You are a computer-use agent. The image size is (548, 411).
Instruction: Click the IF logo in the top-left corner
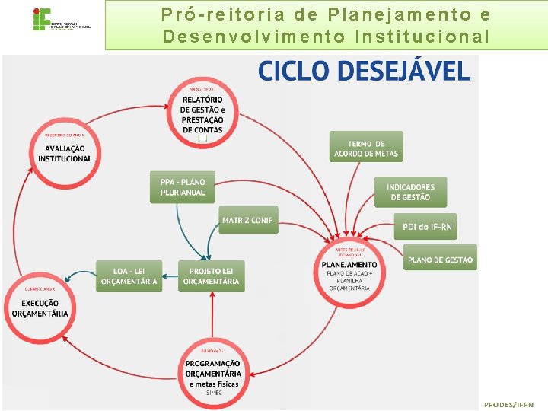click(42, 20)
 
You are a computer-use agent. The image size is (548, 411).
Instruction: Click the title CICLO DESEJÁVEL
click(364, 71)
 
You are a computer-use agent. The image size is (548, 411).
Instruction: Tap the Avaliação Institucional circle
click(65, 153)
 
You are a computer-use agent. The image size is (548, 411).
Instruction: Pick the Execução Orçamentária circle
click(40, 307)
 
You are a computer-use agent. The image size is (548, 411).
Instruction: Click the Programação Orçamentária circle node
click(212, 373)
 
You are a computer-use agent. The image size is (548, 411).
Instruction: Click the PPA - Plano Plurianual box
click(183, 187)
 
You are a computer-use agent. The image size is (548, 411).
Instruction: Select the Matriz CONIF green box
click(247, 221)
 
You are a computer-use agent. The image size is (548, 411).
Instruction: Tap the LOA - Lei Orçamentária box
click(129, 276)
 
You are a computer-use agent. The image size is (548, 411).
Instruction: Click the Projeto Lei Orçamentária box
click(212, 276)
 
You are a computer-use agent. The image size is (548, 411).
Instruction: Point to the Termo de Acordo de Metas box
click(365, 148)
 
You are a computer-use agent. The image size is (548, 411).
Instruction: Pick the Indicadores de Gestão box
click(410, 192)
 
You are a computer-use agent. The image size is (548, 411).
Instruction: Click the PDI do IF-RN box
click(425, 226)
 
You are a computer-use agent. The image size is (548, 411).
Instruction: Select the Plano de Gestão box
click(440, 260)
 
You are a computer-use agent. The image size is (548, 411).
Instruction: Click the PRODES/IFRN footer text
click(509, 405)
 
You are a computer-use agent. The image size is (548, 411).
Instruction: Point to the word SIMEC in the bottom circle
click(212, 394)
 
